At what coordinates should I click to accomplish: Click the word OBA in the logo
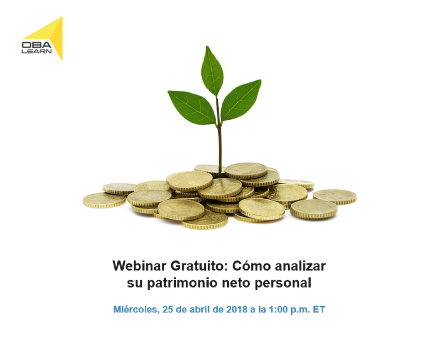(36, 45)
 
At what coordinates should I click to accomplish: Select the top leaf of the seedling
(212, 71)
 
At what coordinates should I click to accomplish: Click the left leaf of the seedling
(191, 106)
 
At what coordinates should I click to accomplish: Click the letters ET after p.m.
(319, 310)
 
